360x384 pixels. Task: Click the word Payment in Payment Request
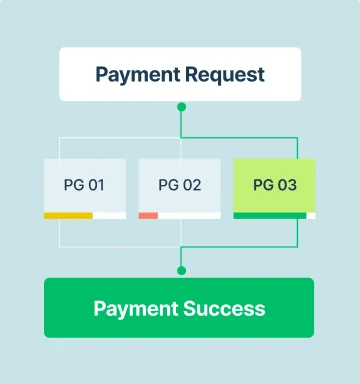pyautogui.click(x=138, y=75)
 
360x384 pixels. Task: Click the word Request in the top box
pyautogui.click(x=225, y=75)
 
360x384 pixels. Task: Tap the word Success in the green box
pyautogui.click(x=224, y=308)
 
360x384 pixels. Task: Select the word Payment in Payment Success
pyautogui.click(x=136, y=309)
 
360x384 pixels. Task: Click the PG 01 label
pyautogui.click(x=84, y=185)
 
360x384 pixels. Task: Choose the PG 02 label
pyautogui.click(x=180, y=185)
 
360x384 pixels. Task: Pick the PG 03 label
pyautogui.click(x=275, y=185)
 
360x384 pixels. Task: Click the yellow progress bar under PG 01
pyautogui.click(x=68, y=216)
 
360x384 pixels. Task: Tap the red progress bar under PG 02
pyautogui.click(x=148, y=216)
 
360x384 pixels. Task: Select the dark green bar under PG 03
pyautogui.click(x=270, y=216)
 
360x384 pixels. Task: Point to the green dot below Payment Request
pyautogui.click(x=181, y=107)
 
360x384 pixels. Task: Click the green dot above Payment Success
pyautogui.click(x=181, y=271)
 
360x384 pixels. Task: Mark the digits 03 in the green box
pyautogui.click(x=287, y=185)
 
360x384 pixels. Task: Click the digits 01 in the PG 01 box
pyautogui.click(x=96, y=185)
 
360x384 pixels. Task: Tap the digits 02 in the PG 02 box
pyautogui.click(x=192, y=185)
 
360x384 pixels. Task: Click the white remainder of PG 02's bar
pyautogui.click(x=189, y=216)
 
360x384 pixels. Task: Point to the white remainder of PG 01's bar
pyautogui.click(x=109, y=216)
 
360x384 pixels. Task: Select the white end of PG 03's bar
pyautogui.click(x=311, y=216)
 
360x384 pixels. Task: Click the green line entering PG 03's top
pyautogui.click(x=297, y=148)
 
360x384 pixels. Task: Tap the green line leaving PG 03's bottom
pyautogui.click(x=297, y=233)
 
